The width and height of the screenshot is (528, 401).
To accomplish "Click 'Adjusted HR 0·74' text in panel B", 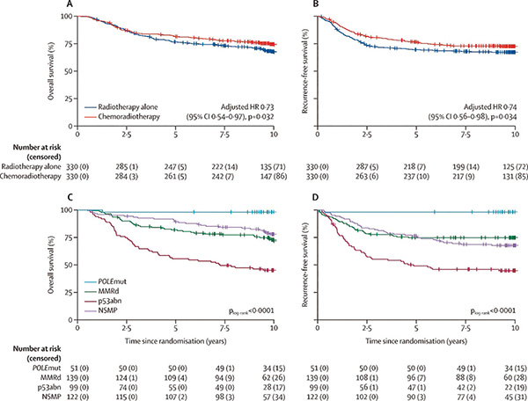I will [x=475, y=92].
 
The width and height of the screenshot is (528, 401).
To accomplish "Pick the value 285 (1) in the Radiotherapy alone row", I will [x=128, y=163].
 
